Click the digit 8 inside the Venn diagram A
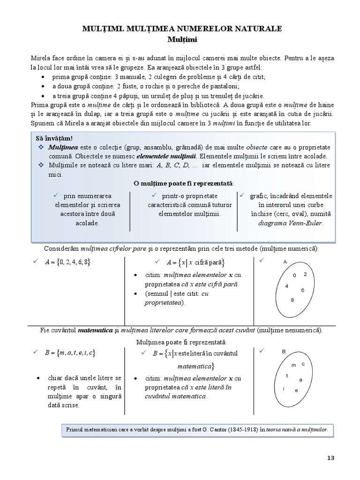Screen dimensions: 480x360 point(292,300)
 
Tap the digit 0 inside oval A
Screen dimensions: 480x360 point(294,276)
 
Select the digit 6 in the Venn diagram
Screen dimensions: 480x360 point(303,290)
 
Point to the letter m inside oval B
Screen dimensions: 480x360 point(294,365)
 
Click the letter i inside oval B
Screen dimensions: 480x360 point(284,389)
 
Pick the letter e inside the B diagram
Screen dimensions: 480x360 point(296,390)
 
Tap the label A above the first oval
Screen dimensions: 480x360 point(285,262)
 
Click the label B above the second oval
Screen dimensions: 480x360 point(284,351)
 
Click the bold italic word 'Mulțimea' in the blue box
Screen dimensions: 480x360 point(61,147)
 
